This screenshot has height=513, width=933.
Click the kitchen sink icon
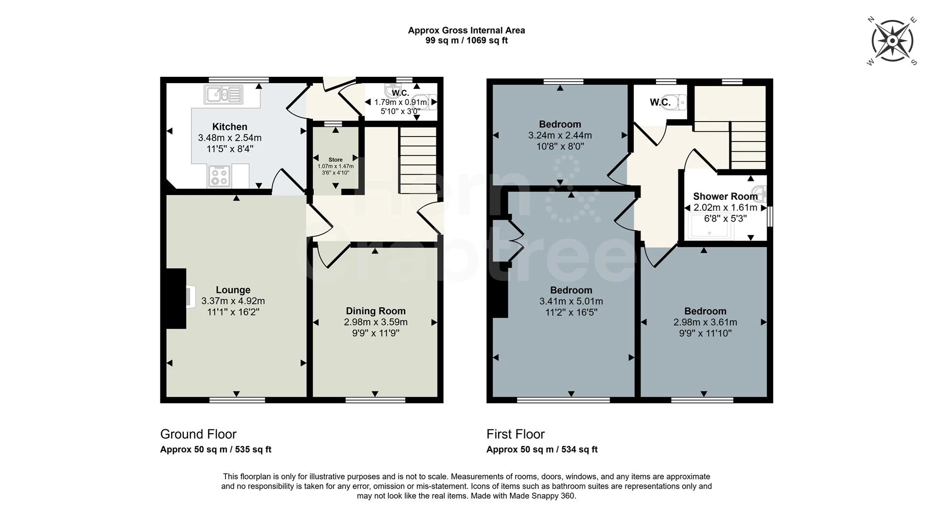click(x=223, y=94)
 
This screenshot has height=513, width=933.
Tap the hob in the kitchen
click(x=219, y=177)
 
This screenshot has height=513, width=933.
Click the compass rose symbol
click(x=892, y=41)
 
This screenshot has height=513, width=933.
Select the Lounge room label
click(x=233, y=290)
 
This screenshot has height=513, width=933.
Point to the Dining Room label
click(x=376, y=311)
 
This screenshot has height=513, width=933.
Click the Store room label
click(x=335, y=159)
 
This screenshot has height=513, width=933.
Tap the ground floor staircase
click(x=418, y=160)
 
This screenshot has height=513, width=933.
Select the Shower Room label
click(x=725, y=196)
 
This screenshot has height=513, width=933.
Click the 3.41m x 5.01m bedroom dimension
click(x=571, y=301)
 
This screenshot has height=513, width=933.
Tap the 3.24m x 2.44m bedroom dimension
click(x=560, y=136)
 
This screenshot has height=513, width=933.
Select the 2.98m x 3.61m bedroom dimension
click(x=705, y=322)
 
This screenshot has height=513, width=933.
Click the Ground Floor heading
click(x=198, y=434)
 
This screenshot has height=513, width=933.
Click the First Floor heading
click(x=516, y=434)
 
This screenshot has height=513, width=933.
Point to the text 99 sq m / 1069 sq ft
click(x=466, y=41)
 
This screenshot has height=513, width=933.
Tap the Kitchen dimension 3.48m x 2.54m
click(x=230, y=138)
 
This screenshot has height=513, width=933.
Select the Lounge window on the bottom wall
click(x=237, y=400)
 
